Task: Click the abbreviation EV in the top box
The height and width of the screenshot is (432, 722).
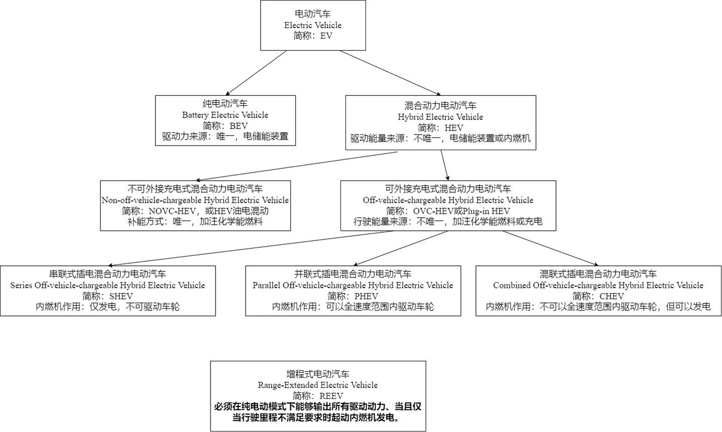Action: tap(326, 36)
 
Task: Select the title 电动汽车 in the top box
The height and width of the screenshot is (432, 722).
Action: tap(313, 14)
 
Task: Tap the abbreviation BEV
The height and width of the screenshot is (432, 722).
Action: tap(239, 126)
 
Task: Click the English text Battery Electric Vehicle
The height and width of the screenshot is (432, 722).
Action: tap(225, 115)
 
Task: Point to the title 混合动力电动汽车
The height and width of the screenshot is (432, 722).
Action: tap(440, 105)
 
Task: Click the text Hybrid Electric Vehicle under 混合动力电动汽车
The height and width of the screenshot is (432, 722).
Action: tap(440, 117)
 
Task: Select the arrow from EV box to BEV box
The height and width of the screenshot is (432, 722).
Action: tap(256, 73)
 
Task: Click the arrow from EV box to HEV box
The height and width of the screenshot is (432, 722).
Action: tap(390, 73)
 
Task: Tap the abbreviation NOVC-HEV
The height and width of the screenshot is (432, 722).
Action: tap(172, 211)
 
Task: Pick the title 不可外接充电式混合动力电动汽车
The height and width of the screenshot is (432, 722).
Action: tap(195, 189)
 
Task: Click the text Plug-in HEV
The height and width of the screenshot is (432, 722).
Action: tap(486, 211)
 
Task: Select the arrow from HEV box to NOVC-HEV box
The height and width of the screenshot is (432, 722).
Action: tap(297, 166)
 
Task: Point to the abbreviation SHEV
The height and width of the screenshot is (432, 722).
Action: tap(121, 296)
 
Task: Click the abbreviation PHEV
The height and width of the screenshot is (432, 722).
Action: tap(366, 296)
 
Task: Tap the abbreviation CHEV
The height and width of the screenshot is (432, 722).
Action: tap(612, 296)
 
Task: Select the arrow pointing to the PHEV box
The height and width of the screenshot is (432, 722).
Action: tap(401, 248)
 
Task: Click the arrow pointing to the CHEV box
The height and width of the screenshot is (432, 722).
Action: tap(550, 248)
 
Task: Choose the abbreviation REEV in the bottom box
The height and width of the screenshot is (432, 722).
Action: tap(331, 396)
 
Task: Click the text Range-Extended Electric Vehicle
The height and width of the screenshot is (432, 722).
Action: tap(317, 385)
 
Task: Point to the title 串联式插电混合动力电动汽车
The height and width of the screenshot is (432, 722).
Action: tap(108, 274)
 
